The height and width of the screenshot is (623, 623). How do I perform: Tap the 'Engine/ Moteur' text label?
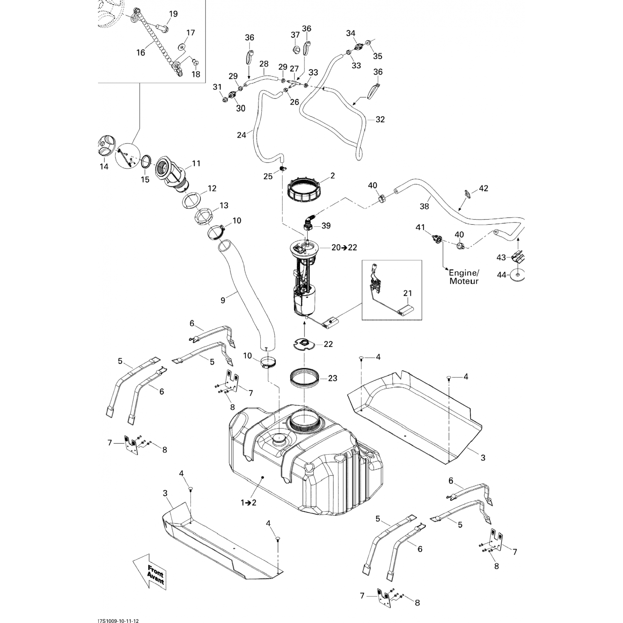pos(464,277)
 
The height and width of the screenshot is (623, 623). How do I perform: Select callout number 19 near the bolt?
pos(173,14)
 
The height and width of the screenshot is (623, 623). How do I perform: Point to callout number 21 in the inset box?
pos(407,294)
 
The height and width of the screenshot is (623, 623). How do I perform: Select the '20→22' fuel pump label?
pos(344,248)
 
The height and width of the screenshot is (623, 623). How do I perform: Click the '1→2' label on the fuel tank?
pos(248,503)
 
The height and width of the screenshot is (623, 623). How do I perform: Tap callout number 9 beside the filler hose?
pos(223,300)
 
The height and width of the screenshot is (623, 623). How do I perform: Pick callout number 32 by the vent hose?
pos(380,120)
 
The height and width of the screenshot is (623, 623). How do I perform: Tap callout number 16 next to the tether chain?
pos(141,52)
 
